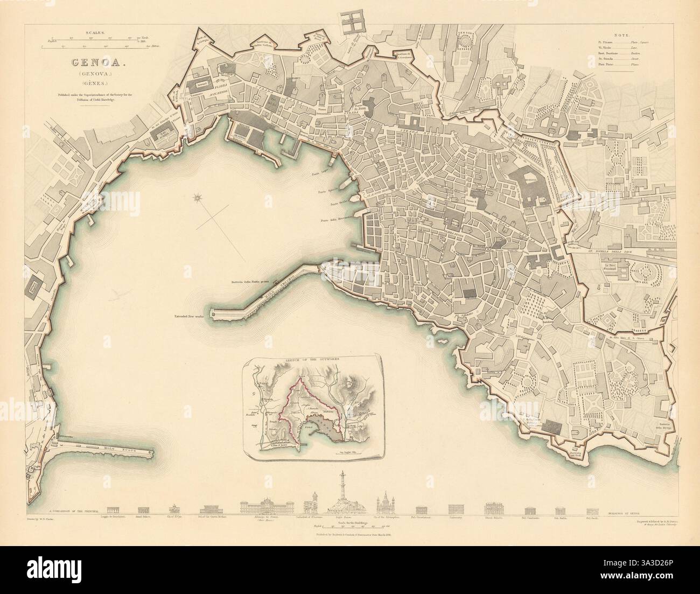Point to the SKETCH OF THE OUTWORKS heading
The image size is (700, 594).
coord(311,358)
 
